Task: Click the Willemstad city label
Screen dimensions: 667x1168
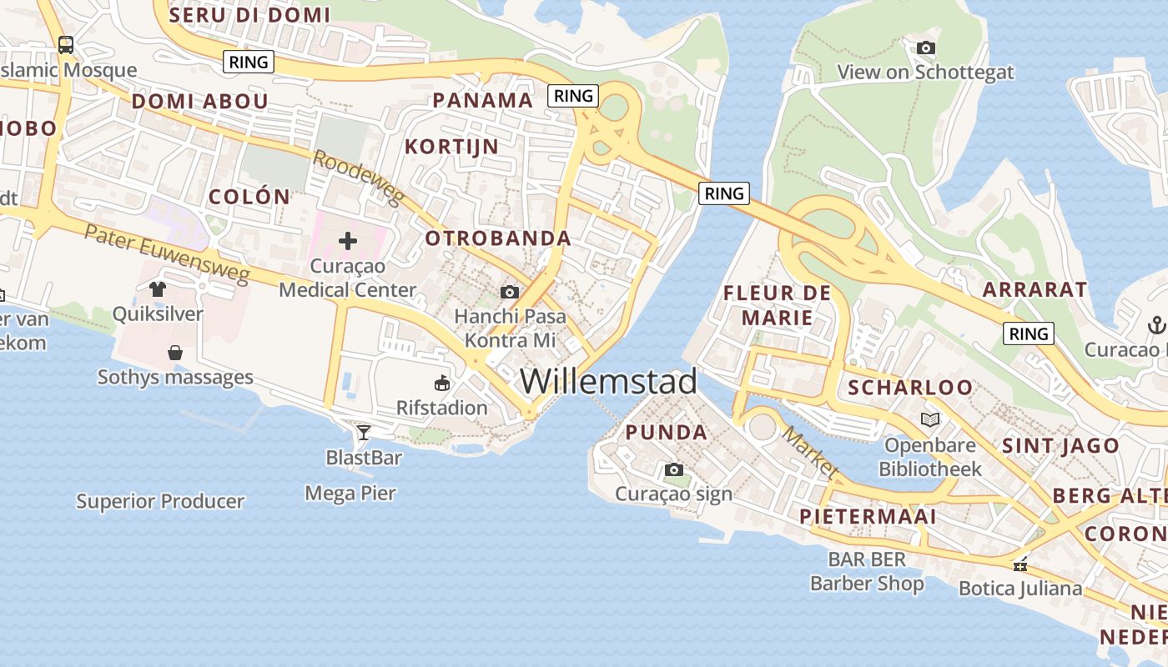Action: coord(608,381)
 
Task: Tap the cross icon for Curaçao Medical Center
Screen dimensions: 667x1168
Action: coord(348,242)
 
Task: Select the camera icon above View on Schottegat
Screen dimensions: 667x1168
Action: coord(925,48)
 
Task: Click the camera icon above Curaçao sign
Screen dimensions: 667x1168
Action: coord(674,470)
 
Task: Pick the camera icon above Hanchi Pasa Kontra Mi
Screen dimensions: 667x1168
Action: coord(510,292)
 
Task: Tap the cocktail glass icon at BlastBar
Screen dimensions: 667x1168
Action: coord(364,432)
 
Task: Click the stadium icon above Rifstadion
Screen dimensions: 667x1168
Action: coord(442,384)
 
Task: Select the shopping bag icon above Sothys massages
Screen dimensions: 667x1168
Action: coord(175,353)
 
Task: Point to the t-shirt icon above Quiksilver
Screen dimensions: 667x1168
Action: coord(158,289)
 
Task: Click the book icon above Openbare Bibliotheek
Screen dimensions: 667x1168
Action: coord(930,419)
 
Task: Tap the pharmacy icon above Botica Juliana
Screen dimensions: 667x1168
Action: coord(1019,565)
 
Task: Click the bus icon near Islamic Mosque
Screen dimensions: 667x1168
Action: coord(66,45)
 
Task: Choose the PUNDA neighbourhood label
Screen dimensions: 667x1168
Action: coord(666,433)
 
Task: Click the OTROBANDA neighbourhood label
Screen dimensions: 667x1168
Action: coord(498,238)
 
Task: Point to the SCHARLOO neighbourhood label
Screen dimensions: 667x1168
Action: coord(910,388)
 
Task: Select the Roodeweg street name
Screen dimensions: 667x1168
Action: coord(359,178)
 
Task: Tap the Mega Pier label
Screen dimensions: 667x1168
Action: coord(350,494)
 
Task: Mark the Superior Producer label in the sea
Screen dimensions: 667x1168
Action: coord(160,502)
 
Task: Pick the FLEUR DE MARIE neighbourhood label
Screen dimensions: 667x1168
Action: coord(777,305)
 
